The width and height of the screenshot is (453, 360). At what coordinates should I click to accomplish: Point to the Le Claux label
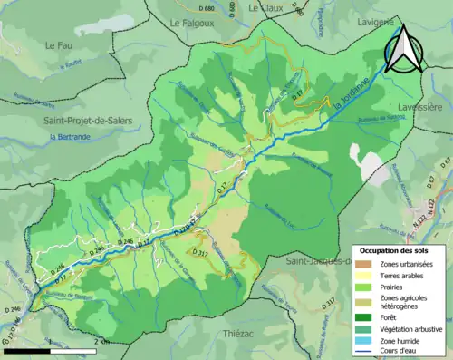266,6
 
